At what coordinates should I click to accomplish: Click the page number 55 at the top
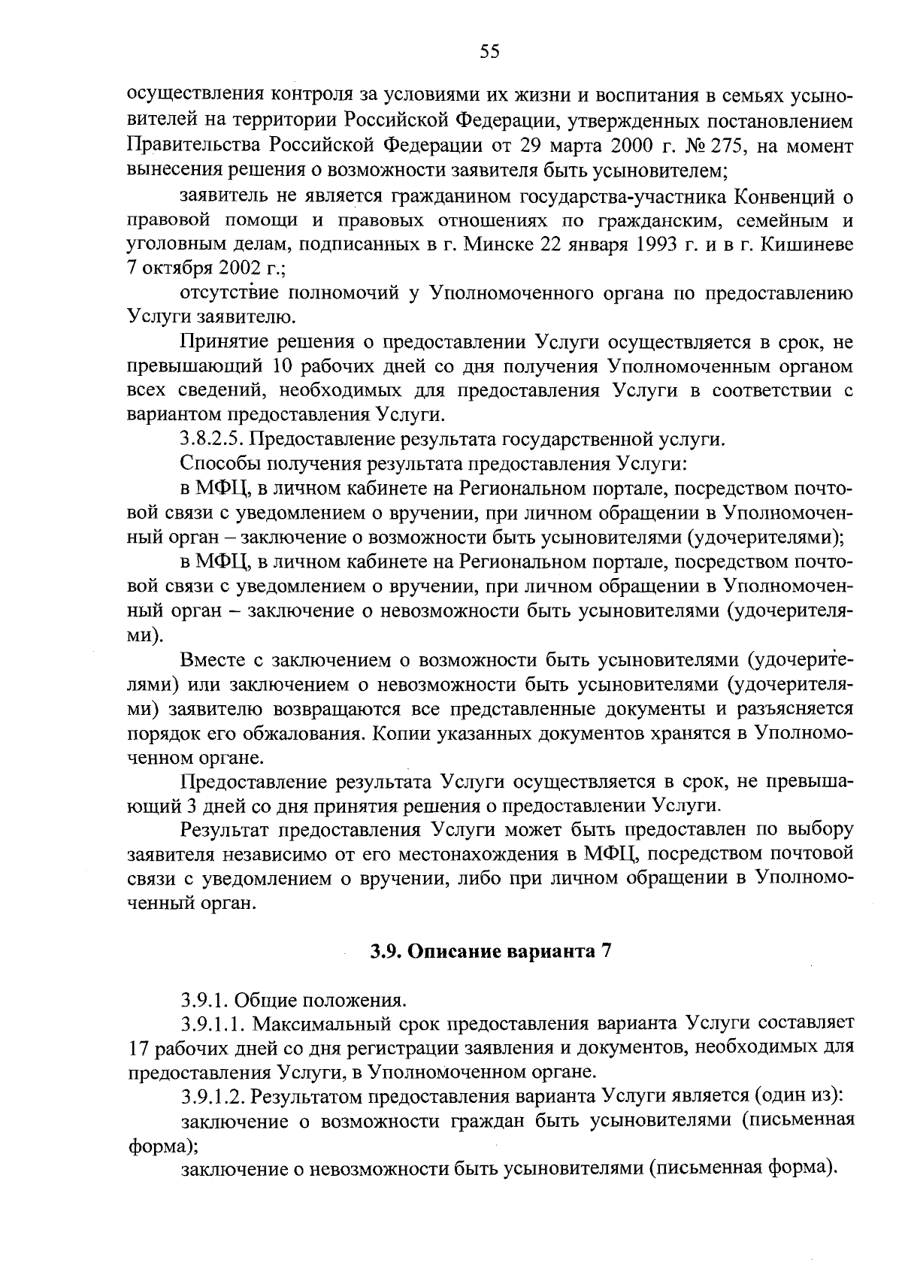[489, 51]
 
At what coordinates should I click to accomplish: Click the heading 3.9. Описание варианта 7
[492, 951]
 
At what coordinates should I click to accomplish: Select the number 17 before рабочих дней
[140, 1047]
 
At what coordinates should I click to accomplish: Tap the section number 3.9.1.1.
[213, 1023]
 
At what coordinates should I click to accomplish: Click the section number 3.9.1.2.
[213, 1096]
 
